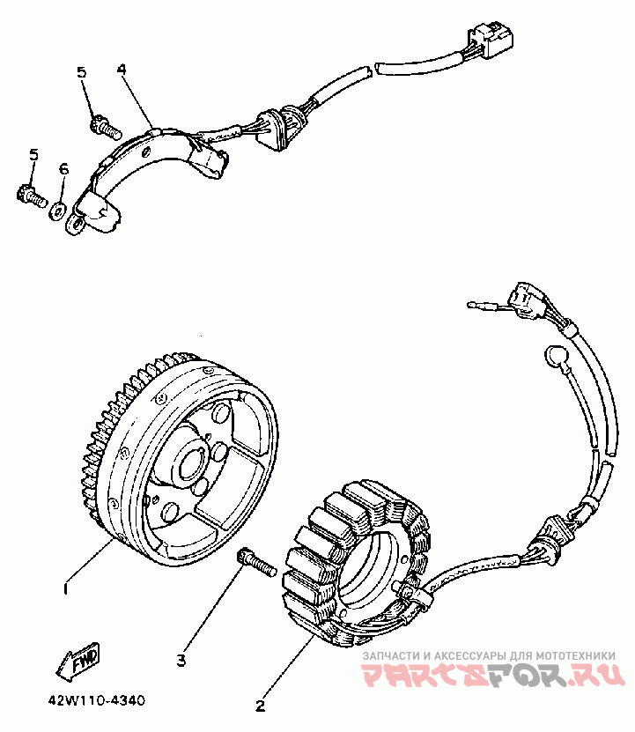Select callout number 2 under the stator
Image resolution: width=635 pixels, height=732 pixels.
tap(260, 705)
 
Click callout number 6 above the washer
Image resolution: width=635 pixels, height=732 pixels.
tap(63, 168)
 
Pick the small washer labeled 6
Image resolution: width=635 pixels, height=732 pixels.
tap(56, 210)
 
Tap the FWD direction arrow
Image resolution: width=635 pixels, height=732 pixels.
tap(78, 662)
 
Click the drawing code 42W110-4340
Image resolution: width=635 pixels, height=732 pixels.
tap(97, 701)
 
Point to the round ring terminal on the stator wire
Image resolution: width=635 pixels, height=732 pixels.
tap(557, 357)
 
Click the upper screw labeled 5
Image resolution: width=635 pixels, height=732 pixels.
tap(104, 128)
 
